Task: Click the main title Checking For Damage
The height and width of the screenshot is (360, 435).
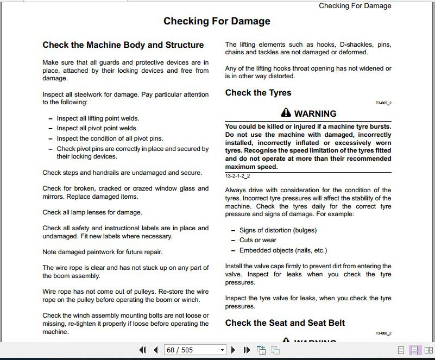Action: click(217, 22)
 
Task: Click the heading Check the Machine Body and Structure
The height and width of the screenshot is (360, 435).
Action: click(123, 45)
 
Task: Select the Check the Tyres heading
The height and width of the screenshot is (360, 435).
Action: click(258, 93)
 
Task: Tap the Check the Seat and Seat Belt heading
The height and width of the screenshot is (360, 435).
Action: click(285, 323)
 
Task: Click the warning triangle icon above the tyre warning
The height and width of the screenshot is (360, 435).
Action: click(286, 113)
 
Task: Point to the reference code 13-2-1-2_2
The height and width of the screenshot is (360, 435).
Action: click(237, 176)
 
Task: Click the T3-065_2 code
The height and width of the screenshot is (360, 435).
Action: click(383, 103)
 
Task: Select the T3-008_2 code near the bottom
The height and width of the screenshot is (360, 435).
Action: click(383, 333)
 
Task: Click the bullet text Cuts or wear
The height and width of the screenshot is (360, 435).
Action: click(258, 240)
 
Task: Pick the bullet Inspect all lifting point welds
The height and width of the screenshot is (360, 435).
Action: click(98, 118)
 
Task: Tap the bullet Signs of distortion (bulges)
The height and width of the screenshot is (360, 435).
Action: click(278, 230)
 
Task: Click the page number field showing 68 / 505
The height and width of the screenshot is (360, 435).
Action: click(191, 350)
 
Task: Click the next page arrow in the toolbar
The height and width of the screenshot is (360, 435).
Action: click(234, 350)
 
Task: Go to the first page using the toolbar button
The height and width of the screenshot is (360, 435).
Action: click(143, 350)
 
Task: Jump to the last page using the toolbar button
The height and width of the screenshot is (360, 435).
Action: click(247, 350)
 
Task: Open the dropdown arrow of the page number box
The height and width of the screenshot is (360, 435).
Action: click(222, 350)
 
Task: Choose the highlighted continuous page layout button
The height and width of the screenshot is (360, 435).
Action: click(414, 350)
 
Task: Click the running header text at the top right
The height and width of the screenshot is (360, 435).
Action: click(355, 6)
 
